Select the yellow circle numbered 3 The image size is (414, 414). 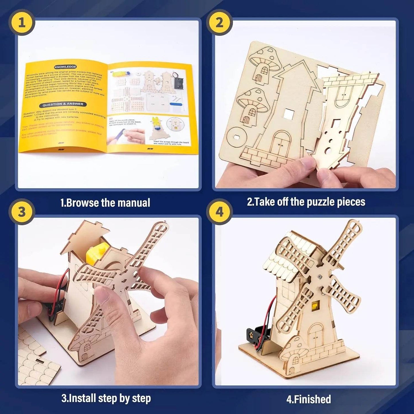(x=22, y=212)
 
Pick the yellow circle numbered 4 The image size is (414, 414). (x=219, y=212)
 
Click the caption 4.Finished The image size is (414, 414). (x=309, y=399)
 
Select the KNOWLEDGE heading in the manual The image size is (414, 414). (x=66, y=67)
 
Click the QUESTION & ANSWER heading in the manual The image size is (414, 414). (x=63, y=104)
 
